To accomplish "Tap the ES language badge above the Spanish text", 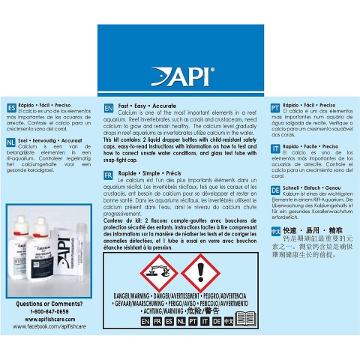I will tap(10, 107).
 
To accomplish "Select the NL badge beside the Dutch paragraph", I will tap(10, 141).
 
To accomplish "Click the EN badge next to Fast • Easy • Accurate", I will tap(109, 108).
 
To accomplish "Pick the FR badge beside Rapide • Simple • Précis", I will tap(109, 174).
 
